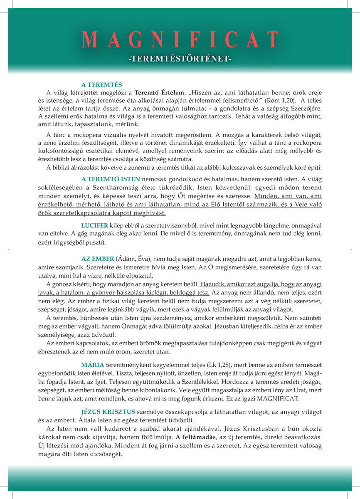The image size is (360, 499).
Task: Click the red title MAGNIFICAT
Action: tap(180, 40)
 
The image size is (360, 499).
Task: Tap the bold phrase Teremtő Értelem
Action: tap(158, 92)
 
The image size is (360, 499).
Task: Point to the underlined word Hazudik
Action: tap(214, 285)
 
